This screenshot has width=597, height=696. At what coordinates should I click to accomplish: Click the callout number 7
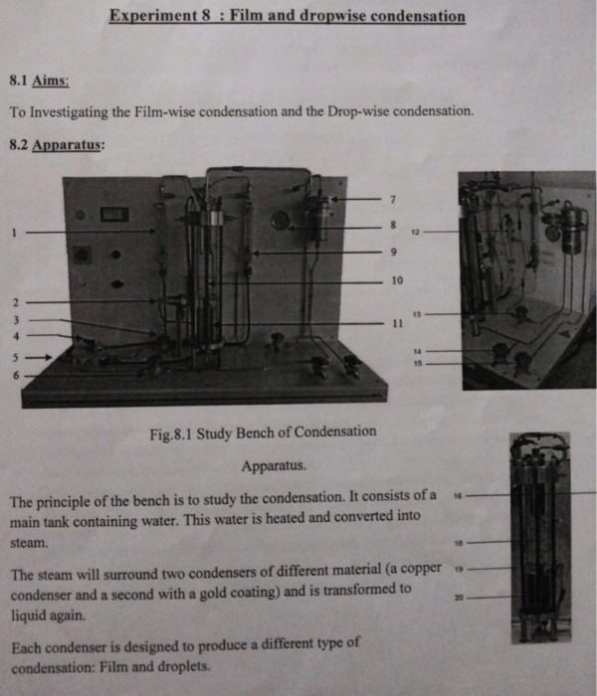[393, 200]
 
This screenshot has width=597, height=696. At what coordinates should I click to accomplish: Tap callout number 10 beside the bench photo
[397, 280]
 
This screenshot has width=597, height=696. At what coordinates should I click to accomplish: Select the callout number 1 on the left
[14, 232]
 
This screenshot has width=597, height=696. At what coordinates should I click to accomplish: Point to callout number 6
[16, 376]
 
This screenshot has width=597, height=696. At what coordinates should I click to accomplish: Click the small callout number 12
[415, 232]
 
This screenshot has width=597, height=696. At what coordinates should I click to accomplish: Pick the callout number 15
[418, 364]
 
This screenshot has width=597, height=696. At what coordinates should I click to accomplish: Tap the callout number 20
[459, 598]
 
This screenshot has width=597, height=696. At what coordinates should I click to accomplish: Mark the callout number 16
[459, 495]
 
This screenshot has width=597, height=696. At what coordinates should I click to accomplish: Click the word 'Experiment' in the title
[153, 15]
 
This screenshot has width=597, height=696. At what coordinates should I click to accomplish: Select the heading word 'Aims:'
[50, 81]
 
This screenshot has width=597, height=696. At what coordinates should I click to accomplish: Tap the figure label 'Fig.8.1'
[170, 434]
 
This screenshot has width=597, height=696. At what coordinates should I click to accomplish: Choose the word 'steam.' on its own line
[29, 543]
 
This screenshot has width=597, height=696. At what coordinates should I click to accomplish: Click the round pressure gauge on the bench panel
[280, 220]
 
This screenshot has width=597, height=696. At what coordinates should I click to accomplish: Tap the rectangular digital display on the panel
[114, 215]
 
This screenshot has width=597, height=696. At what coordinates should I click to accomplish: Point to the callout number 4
[16, 336]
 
